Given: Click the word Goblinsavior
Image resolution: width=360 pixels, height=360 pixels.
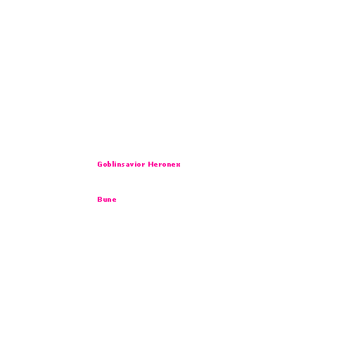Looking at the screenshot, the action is (121, 164).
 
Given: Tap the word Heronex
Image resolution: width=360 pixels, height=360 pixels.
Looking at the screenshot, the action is (164, 164).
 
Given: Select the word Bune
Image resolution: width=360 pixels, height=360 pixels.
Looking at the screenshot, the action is (107, 199).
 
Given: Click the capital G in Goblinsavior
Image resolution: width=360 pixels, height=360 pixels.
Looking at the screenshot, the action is (100, 164).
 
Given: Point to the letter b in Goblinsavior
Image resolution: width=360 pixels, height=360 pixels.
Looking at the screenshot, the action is (110, 164).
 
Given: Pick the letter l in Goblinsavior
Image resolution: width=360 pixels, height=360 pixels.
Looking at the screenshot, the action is (113, 164).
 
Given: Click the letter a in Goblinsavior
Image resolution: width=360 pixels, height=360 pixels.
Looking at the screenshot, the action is (128, 165).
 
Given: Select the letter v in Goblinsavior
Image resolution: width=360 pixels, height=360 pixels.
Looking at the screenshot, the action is (132, 165).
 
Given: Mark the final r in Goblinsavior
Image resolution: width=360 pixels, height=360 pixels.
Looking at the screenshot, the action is (143, 165).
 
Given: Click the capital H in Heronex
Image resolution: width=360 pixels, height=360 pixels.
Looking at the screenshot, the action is (150, 164).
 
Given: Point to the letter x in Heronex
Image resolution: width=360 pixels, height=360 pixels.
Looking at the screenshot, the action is (179, 165).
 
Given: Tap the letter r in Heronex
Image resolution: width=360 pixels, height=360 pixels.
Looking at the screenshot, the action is (160, 165).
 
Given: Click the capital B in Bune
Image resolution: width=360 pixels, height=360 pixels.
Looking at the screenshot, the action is (100, 199).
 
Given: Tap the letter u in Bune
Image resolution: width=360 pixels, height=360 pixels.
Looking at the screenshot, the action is (105, 200).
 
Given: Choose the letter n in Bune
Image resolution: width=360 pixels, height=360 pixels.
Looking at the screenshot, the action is (110, 200).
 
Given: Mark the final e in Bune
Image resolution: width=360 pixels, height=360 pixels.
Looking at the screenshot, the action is (115, 200).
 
